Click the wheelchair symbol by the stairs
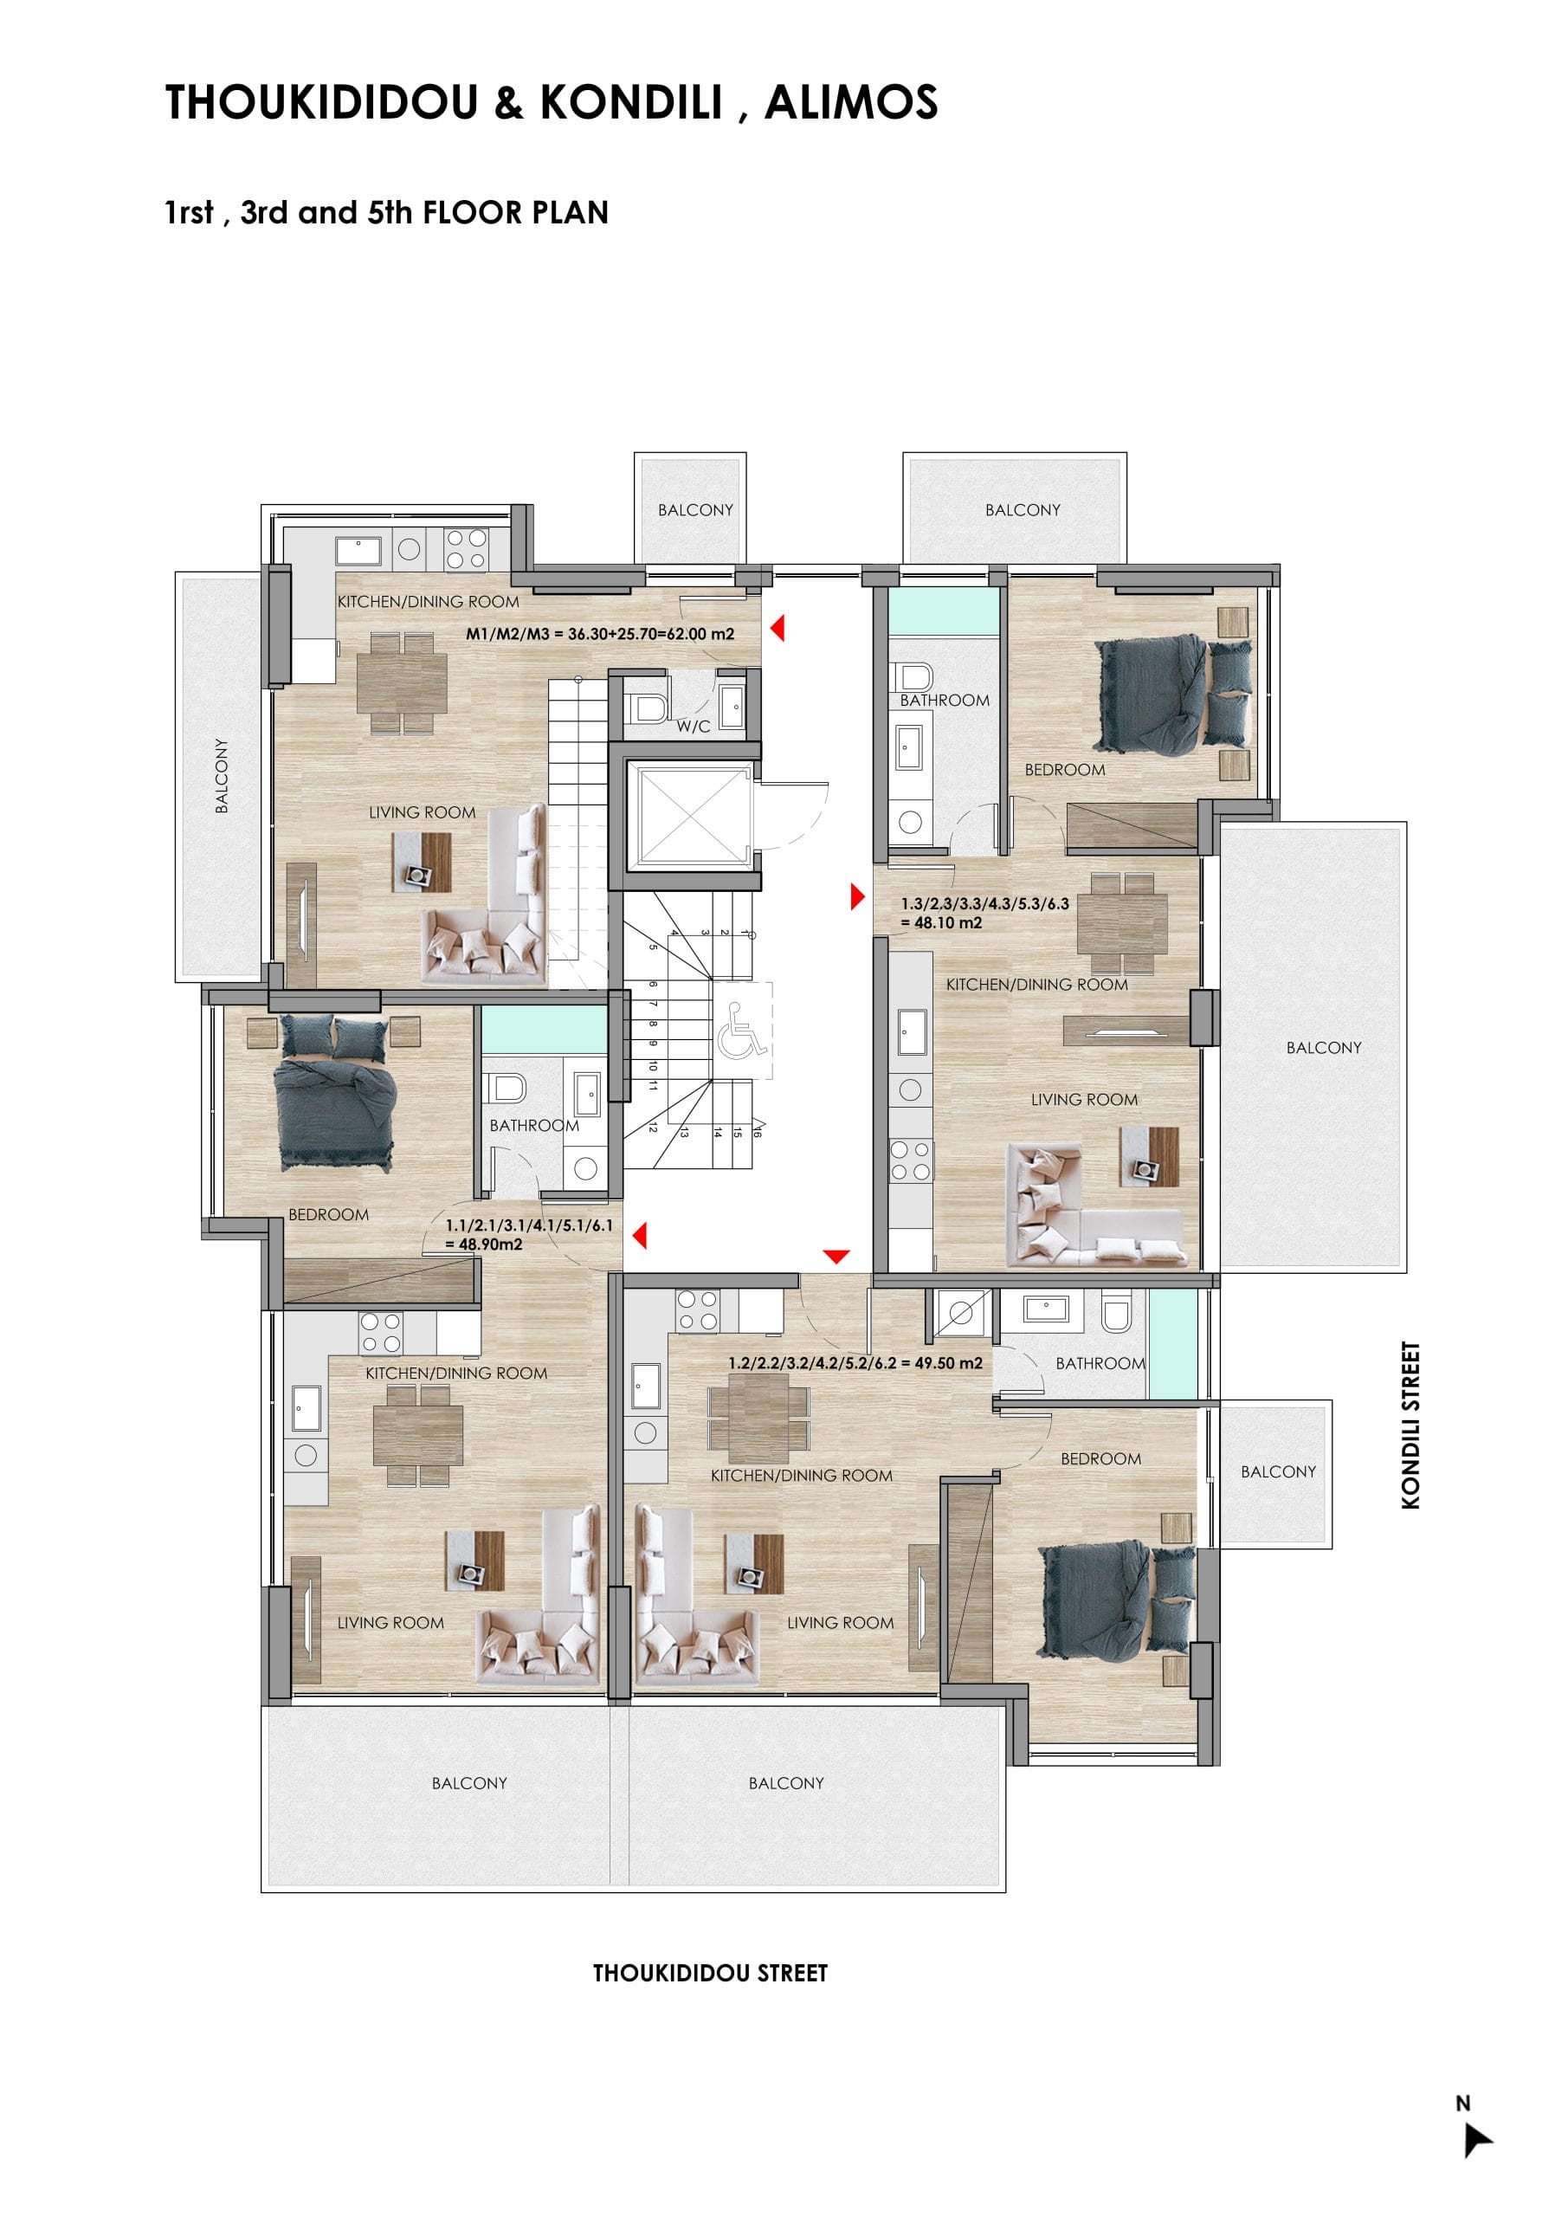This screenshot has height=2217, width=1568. (740, 1031)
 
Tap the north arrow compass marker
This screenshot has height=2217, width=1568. (1477, 2140)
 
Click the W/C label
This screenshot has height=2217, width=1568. (693, 726)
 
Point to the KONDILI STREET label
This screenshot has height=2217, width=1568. (1410, 1425)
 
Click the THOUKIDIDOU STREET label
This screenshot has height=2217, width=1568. (710, 1973)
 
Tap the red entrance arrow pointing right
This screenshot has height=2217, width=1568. (857, 897)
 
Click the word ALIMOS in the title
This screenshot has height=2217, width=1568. (850, 102)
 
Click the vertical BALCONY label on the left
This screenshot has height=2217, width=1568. (221, 775)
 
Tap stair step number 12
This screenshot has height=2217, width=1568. (653, 1127)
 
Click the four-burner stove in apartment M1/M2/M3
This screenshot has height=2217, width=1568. (466, 549)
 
